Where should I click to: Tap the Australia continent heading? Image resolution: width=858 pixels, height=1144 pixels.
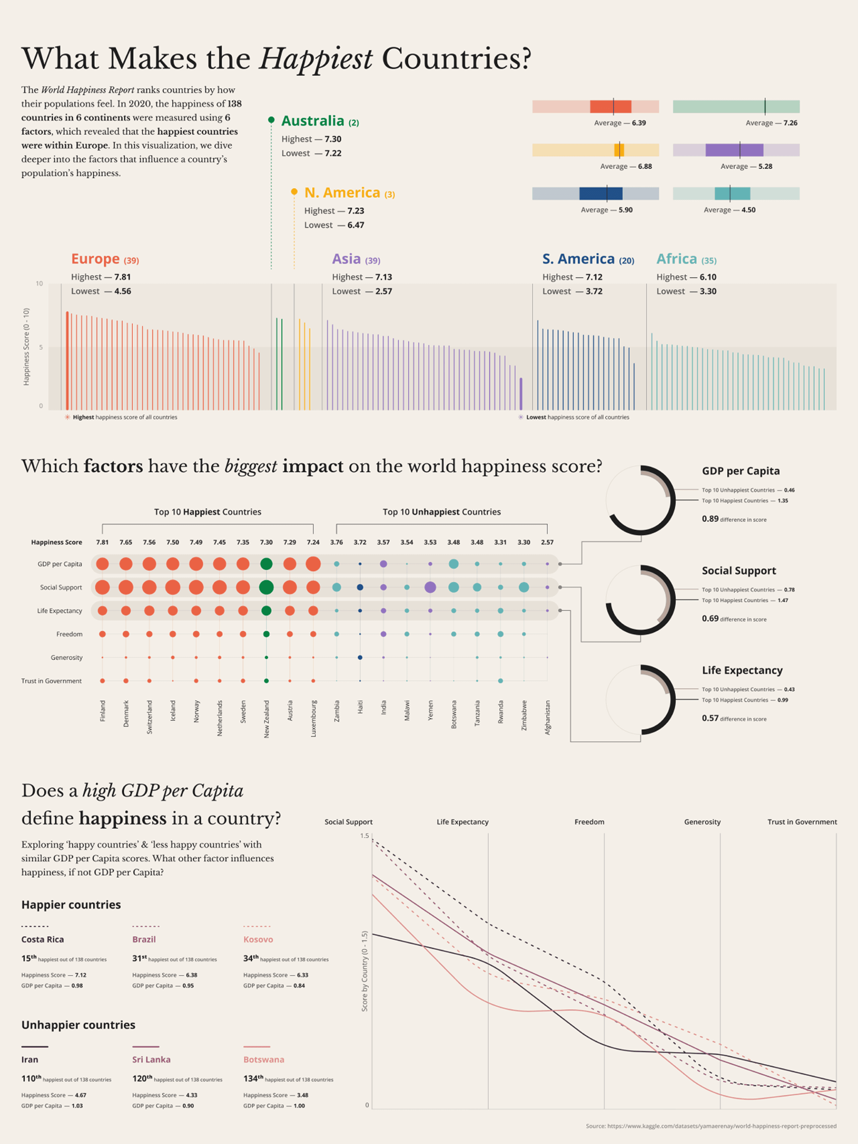313,121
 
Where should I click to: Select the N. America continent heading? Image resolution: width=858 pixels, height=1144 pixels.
342,193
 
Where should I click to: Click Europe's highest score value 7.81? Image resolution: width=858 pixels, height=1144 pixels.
123,277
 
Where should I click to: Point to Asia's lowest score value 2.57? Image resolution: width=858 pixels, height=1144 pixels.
383,291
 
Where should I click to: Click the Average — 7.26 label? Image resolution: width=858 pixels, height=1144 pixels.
772,123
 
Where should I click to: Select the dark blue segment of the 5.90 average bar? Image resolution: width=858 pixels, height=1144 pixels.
601,194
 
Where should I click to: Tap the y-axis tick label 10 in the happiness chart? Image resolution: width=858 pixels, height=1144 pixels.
39,283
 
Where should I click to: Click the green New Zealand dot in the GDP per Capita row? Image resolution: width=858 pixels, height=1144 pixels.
266,564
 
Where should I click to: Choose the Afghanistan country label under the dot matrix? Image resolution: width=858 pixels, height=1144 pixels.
548,718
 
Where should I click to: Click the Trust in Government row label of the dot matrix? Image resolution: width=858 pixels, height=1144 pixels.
51,681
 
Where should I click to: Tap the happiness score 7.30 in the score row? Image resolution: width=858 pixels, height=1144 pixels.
266,543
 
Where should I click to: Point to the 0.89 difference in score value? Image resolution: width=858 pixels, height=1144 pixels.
710,519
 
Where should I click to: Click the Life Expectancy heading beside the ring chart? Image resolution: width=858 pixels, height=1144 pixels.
742,670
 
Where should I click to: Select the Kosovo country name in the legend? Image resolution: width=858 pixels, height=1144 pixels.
258,939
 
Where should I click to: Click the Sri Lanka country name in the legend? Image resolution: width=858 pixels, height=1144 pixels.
151,1059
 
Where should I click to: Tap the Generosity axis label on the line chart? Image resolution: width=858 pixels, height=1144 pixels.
702,822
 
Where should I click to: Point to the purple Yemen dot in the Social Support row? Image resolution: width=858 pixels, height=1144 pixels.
430,587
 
